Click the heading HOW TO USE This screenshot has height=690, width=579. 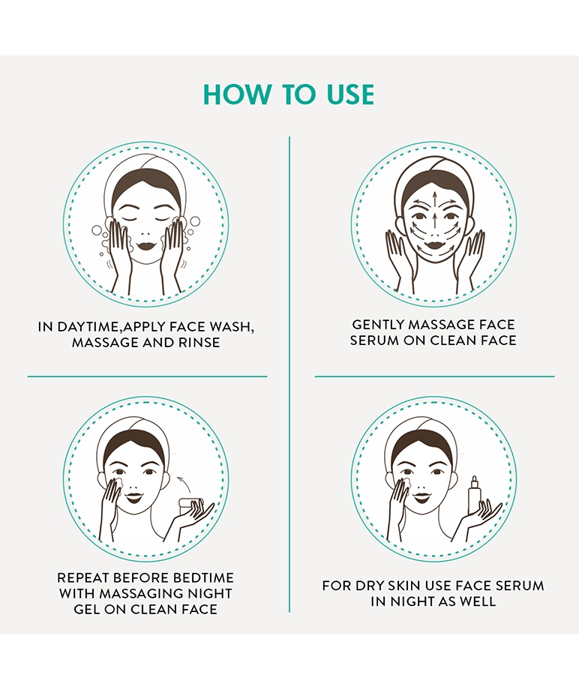pos(289,94)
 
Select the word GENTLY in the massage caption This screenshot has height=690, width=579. pos(378,325)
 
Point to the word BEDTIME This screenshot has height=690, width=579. pos(203,577)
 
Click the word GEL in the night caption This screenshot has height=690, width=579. pos(85,609)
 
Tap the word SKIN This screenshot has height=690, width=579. pos(403,586)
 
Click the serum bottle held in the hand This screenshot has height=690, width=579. pos(474,494)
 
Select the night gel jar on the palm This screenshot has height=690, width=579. pos(191,504)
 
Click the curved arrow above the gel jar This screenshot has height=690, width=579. pos(184,483)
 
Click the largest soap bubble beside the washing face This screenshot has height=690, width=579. pos(97,230)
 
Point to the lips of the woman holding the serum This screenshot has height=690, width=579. pos(421,498)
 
